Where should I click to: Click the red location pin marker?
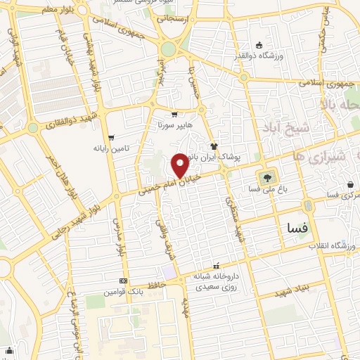[x=180, y=166]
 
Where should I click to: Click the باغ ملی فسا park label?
[x=266, y=190]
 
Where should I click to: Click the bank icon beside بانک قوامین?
[x=124, y=280]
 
